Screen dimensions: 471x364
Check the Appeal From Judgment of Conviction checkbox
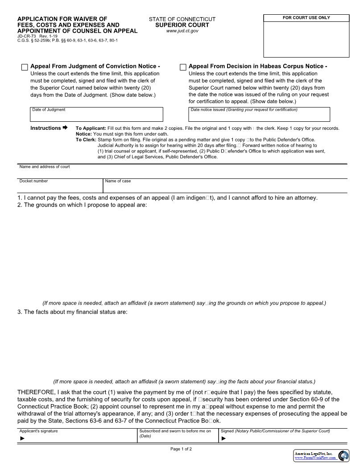25,67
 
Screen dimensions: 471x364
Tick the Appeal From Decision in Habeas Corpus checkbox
183,67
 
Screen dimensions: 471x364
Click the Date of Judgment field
96,116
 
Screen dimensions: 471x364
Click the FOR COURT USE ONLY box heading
306,18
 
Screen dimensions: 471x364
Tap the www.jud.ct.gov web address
182,31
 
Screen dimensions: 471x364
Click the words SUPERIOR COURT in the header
182,25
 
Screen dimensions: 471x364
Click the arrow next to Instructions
65,128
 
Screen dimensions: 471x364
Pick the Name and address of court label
45,167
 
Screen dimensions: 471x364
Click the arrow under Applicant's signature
22,438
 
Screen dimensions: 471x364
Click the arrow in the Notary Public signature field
223,438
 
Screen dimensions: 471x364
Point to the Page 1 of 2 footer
181,449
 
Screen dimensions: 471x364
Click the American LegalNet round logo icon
343,455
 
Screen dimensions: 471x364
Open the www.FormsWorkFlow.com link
315,458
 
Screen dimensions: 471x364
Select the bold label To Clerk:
86,140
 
